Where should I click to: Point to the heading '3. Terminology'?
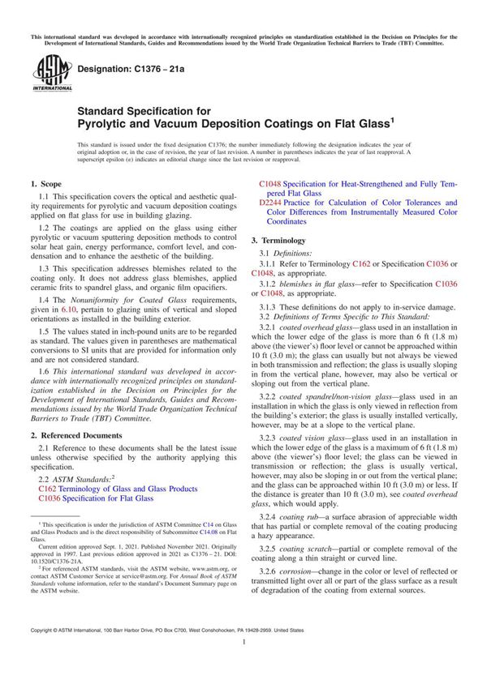coord(278,241)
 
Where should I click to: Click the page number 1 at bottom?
coord(243,664)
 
